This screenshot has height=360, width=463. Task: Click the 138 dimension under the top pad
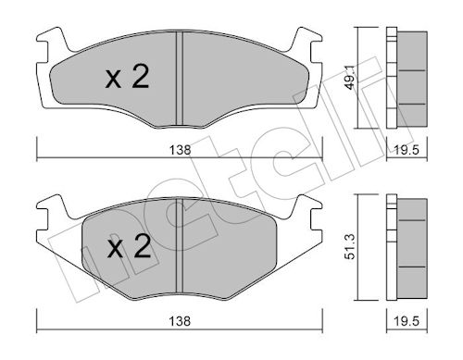click(180, 150)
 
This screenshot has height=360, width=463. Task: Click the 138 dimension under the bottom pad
click(180, 321)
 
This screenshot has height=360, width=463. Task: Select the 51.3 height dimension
click(351, 247)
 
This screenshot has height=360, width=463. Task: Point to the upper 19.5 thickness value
click(407, 150)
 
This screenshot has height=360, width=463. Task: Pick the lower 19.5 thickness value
click(407, 321)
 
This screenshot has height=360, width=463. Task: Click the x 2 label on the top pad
click(127, 77)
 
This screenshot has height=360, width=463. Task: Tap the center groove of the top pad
click(180, 79)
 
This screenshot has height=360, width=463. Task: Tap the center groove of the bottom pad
click(180, 246)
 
